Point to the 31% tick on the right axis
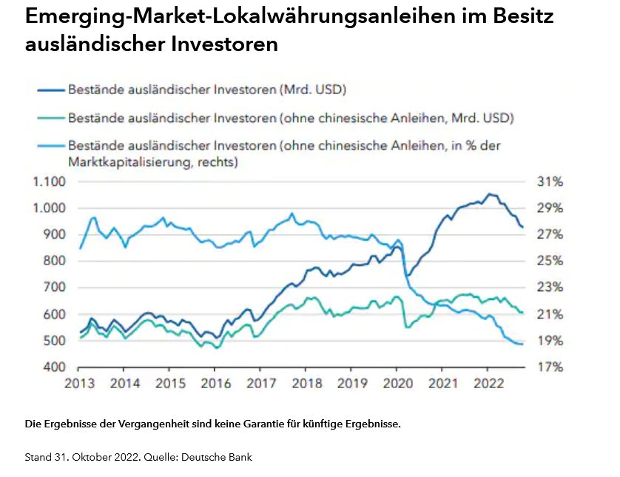coord(549,181)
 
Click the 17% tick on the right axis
coord(549,367)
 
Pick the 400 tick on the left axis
coord(56,367)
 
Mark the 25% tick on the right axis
coord(549,261)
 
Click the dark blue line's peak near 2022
coord(488,194)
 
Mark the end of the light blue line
coord(523,344)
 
